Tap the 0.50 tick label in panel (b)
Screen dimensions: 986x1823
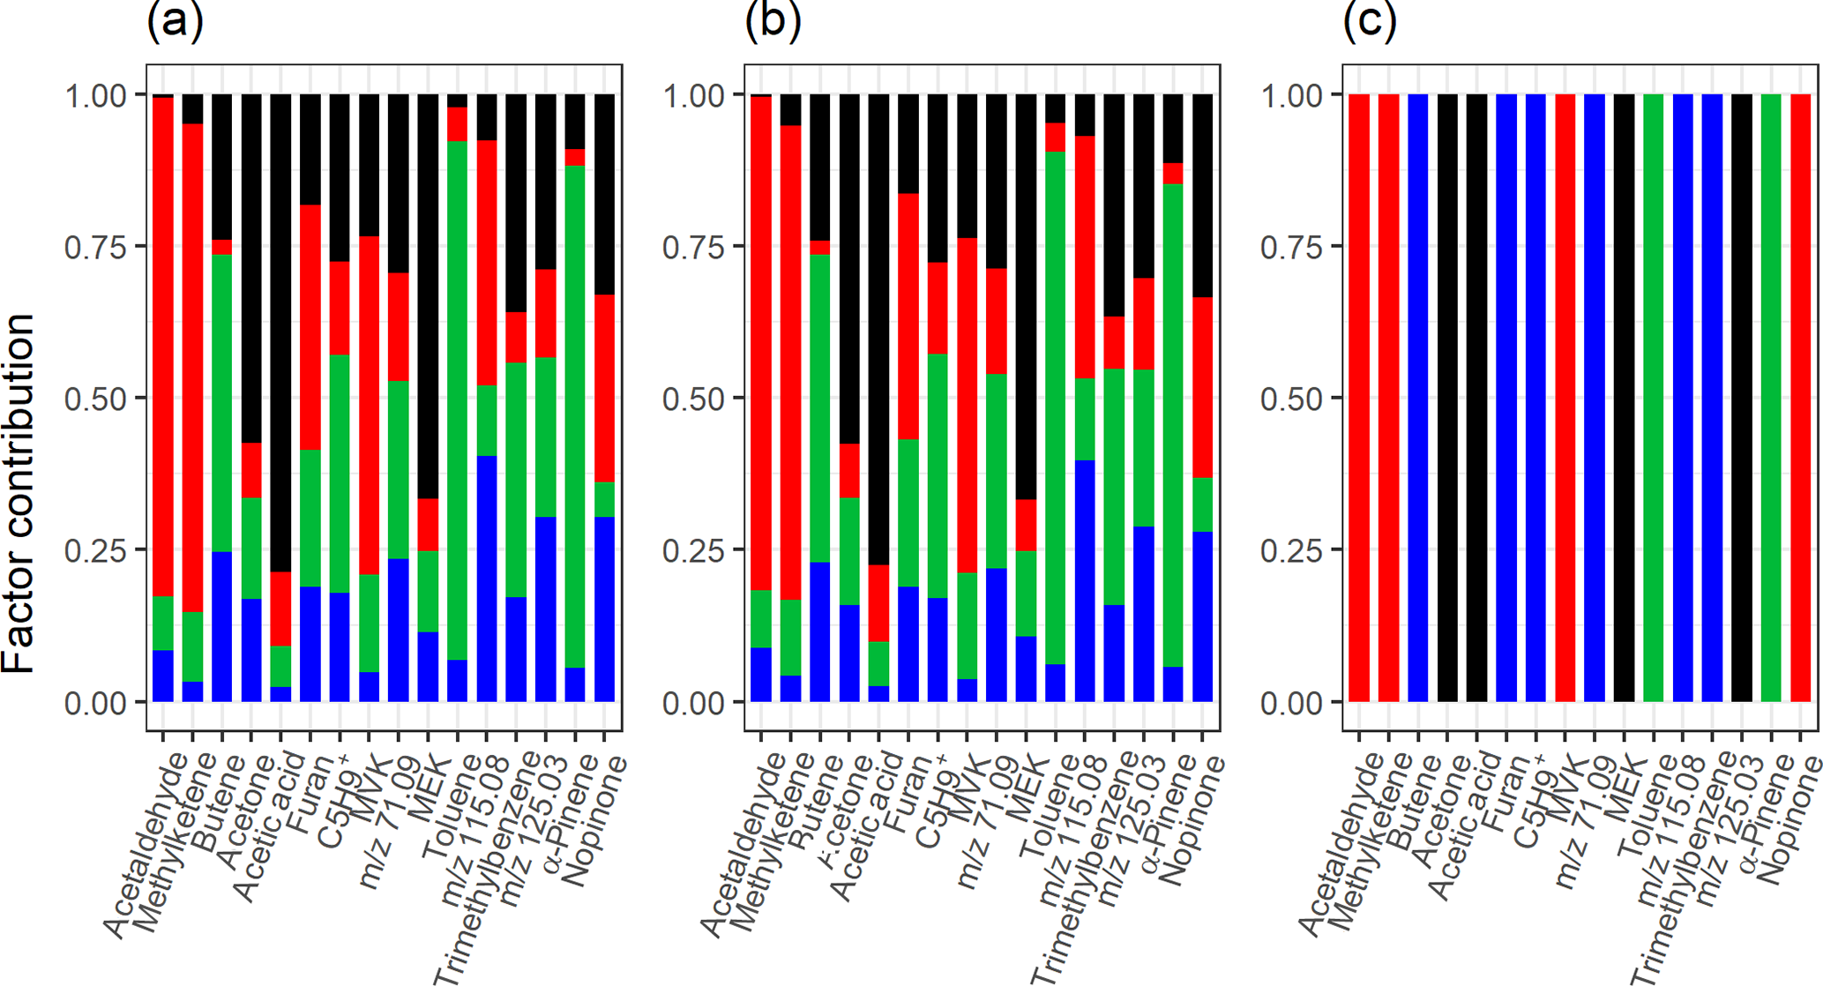click(x=693, y=399)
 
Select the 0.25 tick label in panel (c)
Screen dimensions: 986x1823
click(x=1291, y=550)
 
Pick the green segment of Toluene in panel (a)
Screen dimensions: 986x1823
click(x=457, y=397)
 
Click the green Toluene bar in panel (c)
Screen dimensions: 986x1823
click(x=1653, y=397)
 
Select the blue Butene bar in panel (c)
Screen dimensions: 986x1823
click(x=1418, y=397)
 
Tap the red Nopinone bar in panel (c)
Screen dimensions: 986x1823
click(x=1800, y=397)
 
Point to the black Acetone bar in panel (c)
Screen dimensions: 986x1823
click(x=1447, y=397)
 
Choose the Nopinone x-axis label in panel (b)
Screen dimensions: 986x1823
click(x=1191, y=820)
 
